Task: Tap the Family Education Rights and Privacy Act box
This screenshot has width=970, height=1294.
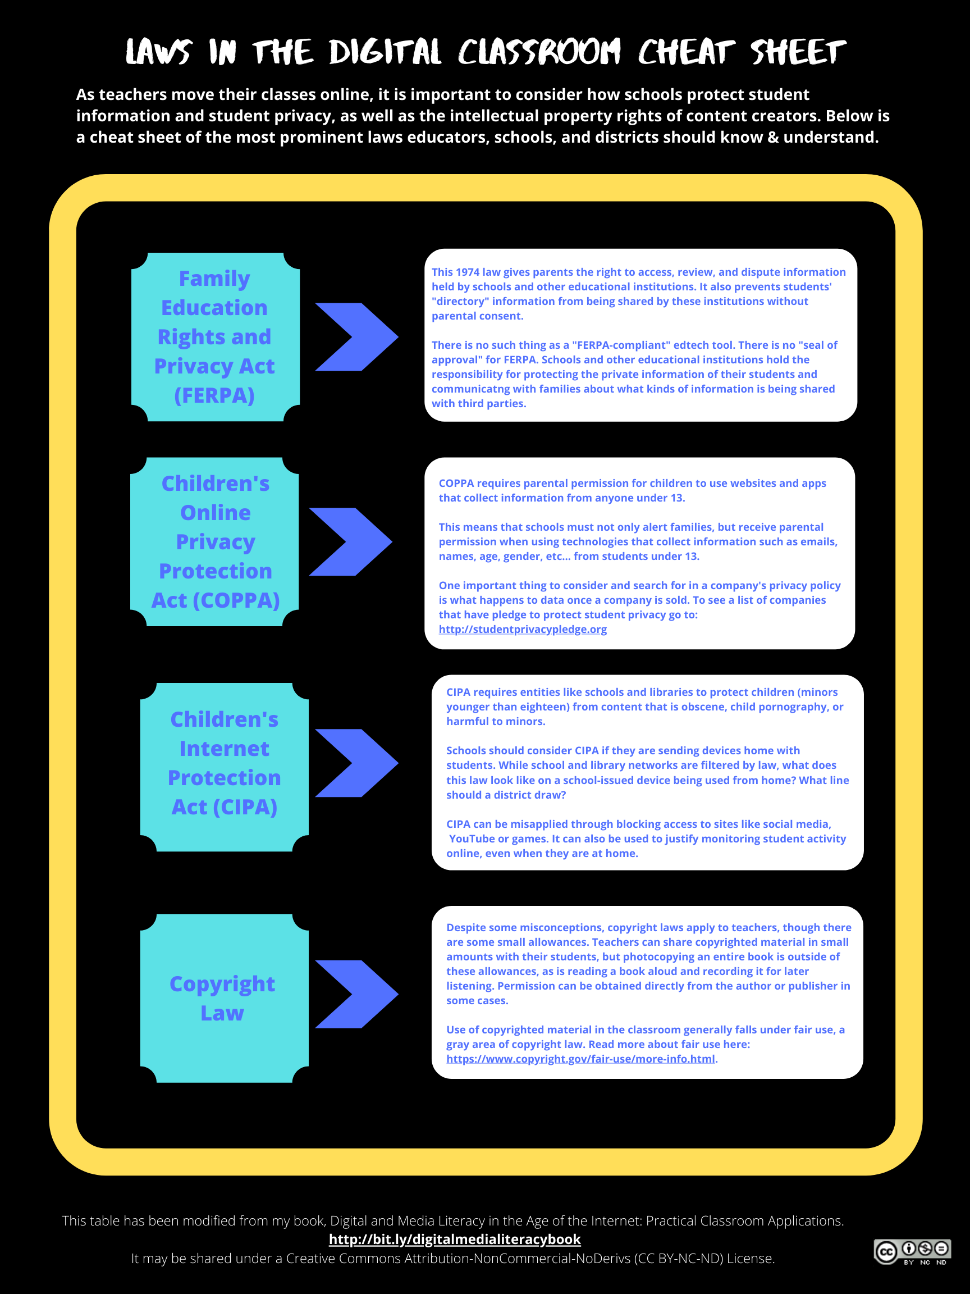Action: click(x=215, y=337)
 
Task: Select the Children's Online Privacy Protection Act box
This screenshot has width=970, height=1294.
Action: click(x=214, y=542)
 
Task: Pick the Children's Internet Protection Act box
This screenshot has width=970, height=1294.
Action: click(x=225, y=767)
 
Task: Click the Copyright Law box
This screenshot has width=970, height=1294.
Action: click(x=225, y=998)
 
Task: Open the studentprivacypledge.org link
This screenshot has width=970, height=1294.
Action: click(x=523, y=630)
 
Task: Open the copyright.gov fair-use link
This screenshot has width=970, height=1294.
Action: click(x=580, y=1059)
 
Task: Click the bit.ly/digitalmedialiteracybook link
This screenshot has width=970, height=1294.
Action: click(x=455, y=1239)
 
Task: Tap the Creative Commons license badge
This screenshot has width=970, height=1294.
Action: click(x=913, y=1251)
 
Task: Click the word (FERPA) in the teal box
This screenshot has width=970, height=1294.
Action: click(x=214, y=395)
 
